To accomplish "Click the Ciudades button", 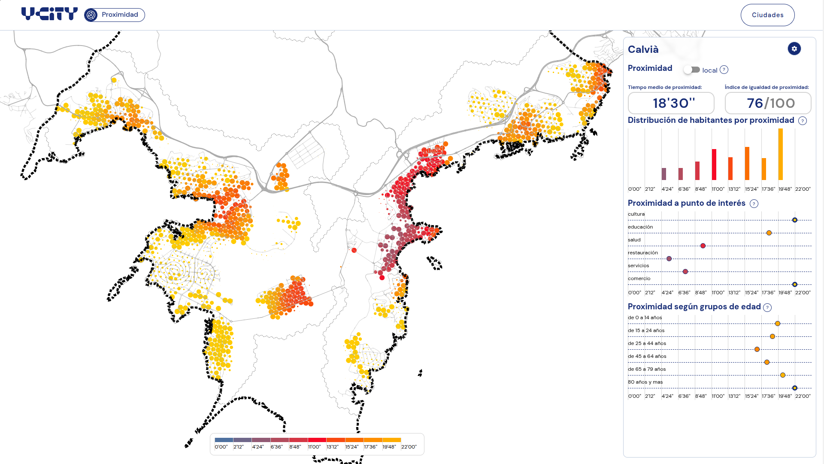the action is click(x=767, y=15).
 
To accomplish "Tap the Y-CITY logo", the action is click(x=49, y=14).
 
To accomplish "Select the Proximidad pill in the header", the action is click(x=115, y=15).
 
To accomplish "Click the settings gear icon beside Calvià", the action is click(x=794, y=49).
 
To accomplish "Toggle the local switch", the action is click(x=692, y=70).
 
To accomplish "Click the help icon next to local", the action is click(x=724, y=70).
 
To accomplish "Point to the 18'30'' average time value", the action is click(x=671, y=103).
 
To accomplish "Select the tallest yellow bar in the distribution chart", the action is click(x=781, y=154).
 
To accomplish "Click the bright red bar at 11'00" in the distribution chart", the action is click(x=714, y=165).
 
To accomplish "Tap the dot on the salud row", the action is click(x=703, y=246).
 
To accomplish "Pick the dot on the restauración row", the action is click(x=669, y=259).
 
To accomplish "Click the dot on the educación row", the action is click(x=769, y=233).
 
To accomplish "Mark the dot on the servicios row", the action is click(x=685, y=272).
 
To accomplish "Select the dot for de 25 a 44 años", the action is click(x=757, y=349).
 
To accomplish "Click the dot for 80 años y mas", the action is click(x=795, y=388).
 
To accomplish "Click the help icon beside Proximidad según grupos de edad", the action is click(x=767, y=307).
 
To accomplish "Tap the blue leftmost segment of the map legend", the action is click(x=224, y=440).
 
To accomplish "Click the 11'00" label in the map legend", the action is click(x=314, y=447).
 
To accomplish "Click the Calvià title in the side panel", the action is click(x=643, y=49).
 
